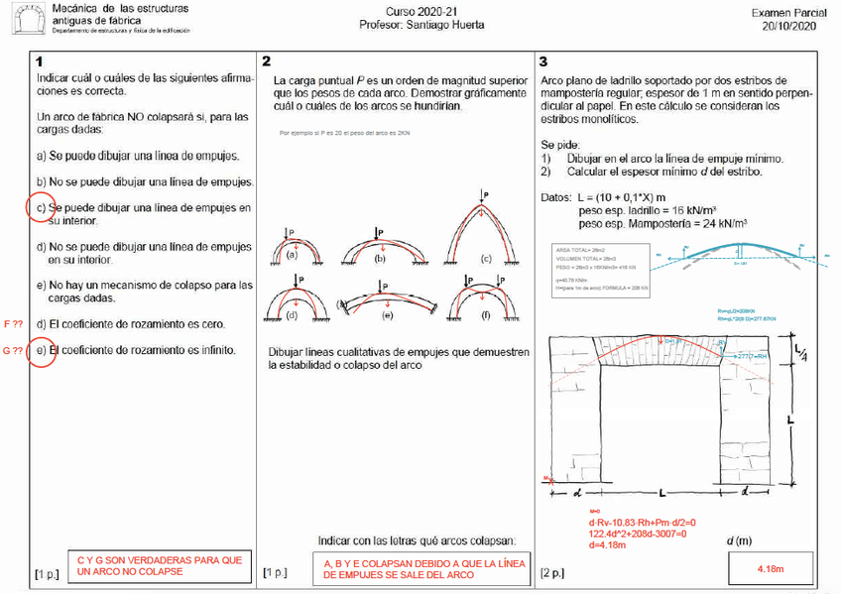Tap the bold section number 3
[542, 61]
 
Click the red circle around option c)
[40, 209]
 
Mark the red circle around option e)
[40, 350]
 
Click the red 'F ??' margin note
[13, 324]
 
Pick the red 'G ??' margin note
[13, 350]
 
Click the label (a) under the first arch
[293, 255]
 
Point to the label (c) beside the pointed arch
[486, 259]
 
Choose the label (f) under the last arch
[486, 315]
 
